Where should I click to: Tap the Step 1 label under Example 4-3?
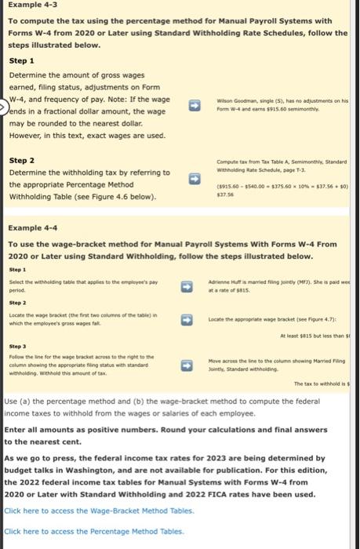(22, 60)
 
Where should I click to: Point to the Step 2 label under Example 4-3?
(22, 160)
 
